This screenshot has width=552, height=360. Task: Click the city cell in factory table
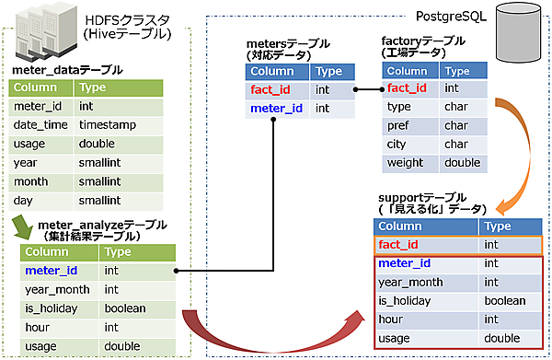398,145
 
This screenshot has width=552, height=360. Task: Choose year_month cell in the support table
410,283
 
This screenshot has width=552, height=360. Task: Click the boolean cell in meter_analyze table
127,308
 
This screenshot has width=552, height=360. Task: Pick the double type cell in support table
502,339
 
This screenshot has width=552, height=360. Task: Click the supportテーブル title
418,199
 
